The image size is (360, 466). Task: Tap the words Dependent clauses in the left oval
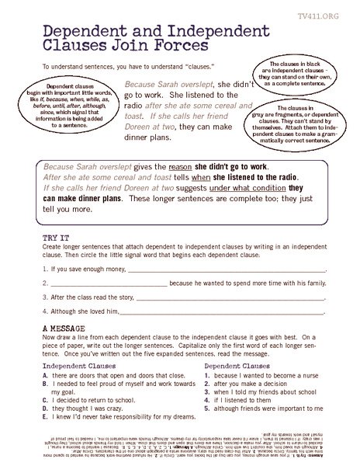coord(65,87)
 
